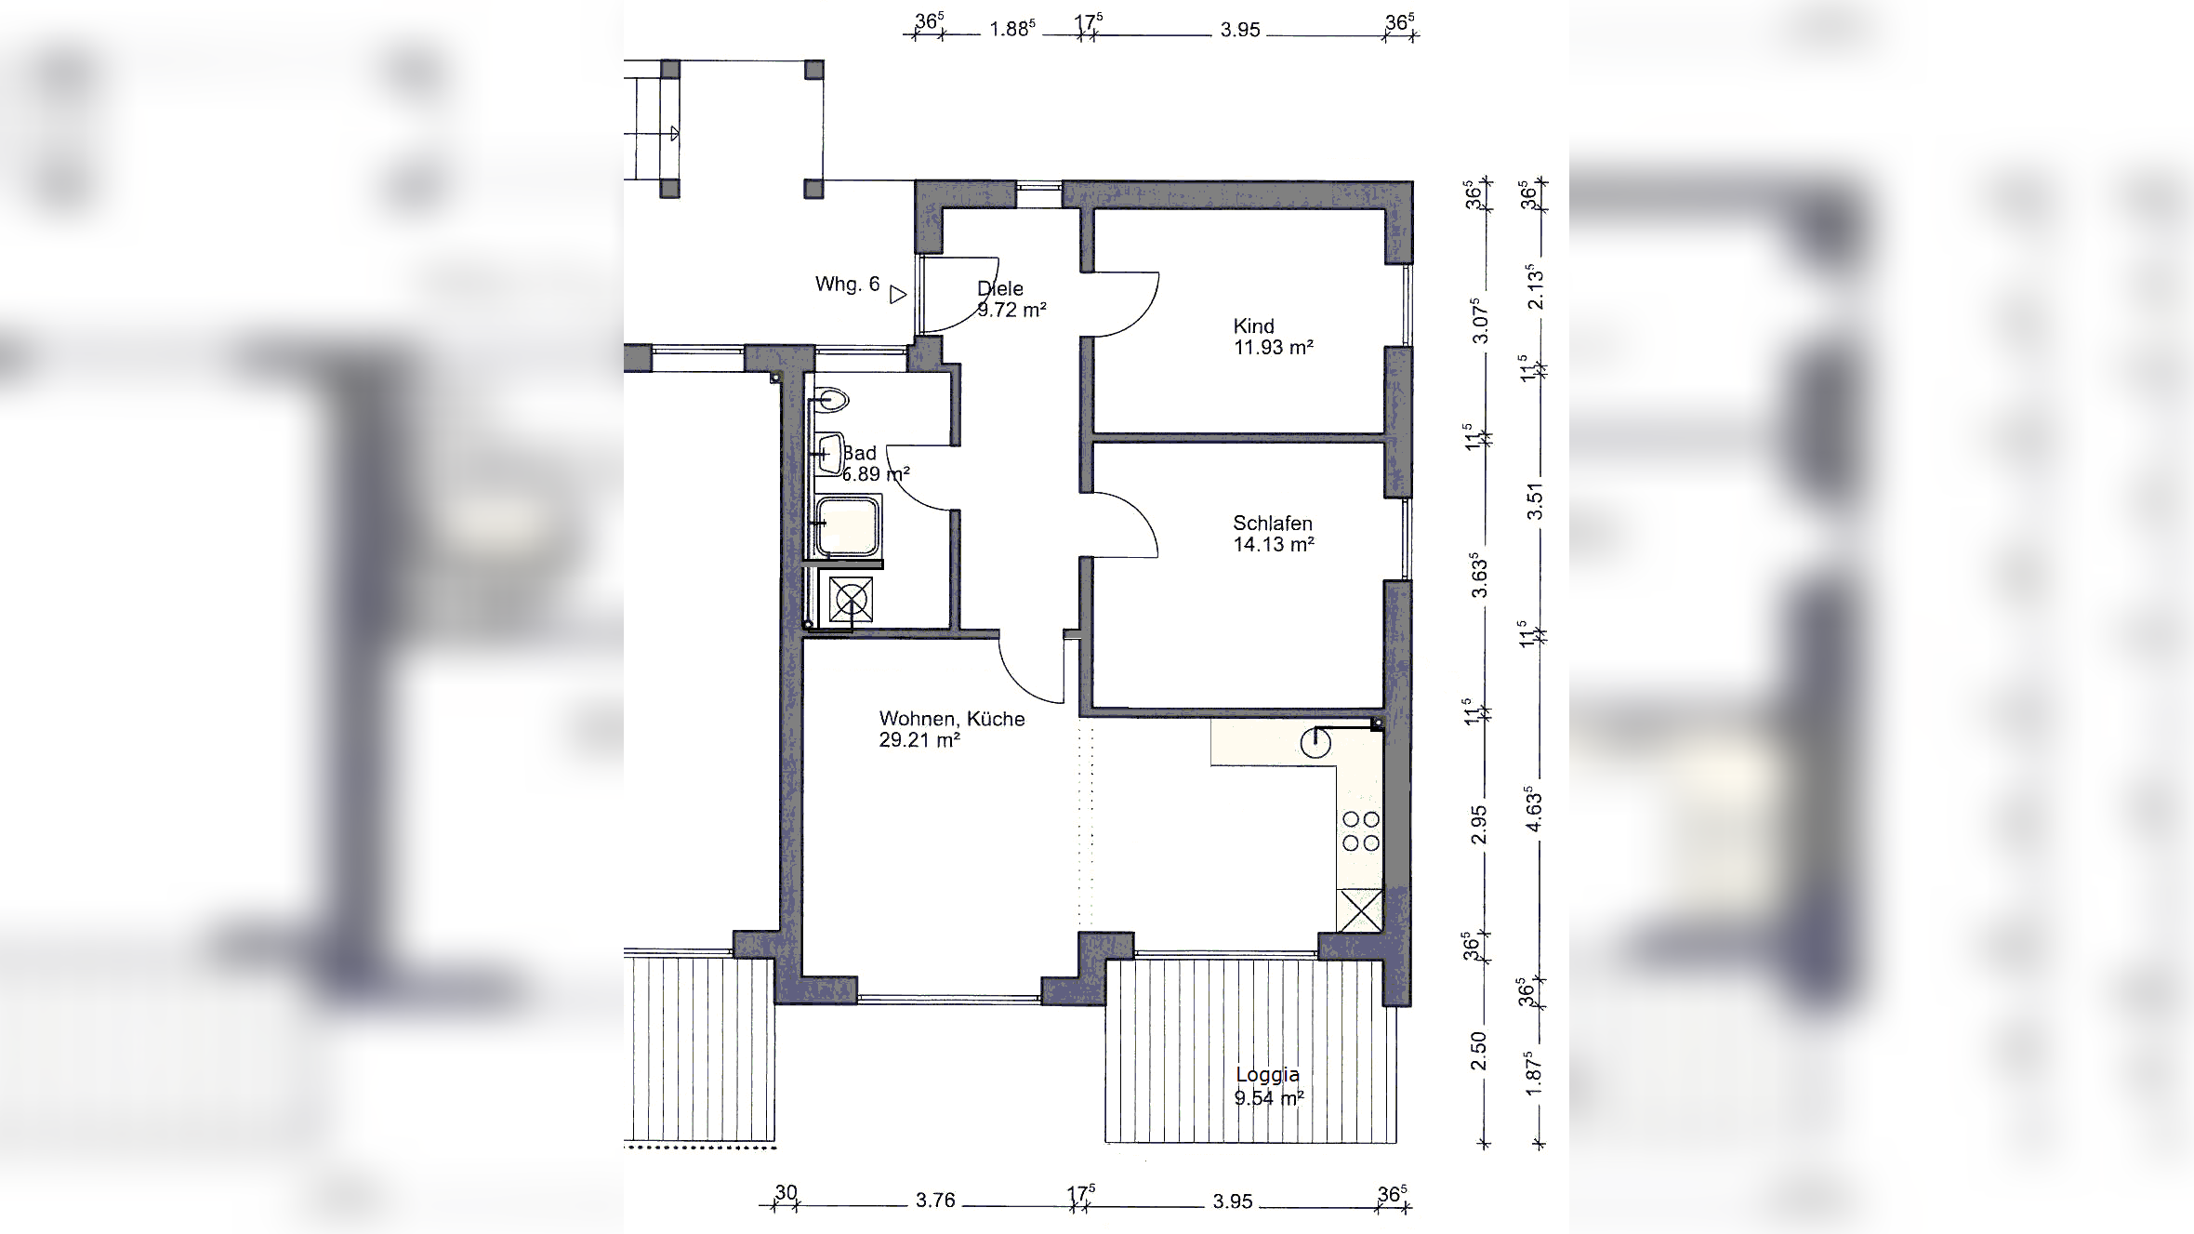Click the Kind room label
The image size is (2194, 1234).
pos(1253,326)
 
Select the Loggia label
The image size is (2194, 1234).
pos(1267,1075)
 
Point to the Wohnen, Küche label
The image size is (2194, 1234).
pos(952,719)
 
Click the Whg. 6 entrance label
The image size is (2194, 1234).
pos(847,285)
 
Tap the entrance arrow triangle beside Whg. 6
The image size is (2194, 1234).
pos(897,295)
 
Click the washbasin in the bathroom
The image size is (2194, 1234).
pos(829,454)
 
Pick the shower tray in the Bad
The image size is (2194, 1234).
pos(848,526)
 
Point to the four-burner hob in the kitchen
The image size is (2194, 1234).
pos(1360,831)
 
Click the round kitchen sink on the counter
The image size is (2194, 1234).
pos(1315,743)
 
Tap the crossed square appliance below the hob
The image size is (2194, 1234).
pos(1359,910)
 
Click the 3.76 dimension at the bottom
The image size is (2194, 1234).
pos(935,1201)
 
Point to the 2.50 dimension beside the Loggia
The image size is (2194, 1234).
pos(1478,1051)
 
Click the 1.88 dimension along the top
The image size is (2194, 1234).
pos(1011,29)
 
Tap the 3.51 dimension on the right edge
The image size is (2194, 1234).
pos(1535,501)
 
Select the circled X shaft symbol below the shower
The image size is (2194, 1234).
pos(851,600)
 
